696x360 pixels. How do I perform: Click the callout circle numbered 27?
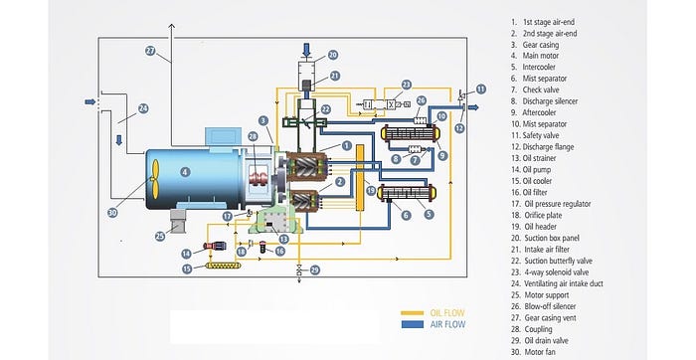click(151, 51)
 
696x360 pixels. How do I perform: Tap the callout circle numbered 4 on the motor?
click(185, 172)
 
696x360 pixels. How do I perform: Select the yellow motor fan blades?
click(154, 179)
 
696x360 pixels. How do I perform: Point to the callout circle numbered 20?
click(332, 55)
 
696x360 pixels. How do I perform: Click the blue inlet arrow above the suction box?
click(306, 50)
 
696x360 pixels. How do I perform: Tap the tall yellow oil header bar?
click(360, 178)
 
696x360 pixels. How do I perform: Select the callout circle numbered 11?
click(480, 89)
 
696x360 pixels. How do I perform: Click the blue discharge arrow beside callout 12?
click(473, 107)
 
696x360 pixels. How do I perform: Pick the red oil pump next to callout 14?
click(215, 246)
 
